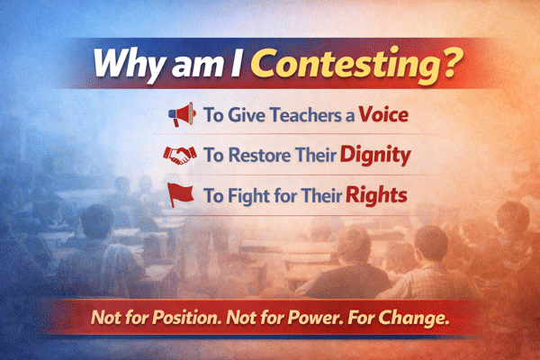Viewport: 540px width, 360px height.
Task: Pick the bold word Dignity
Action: [x=375, y=155]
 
